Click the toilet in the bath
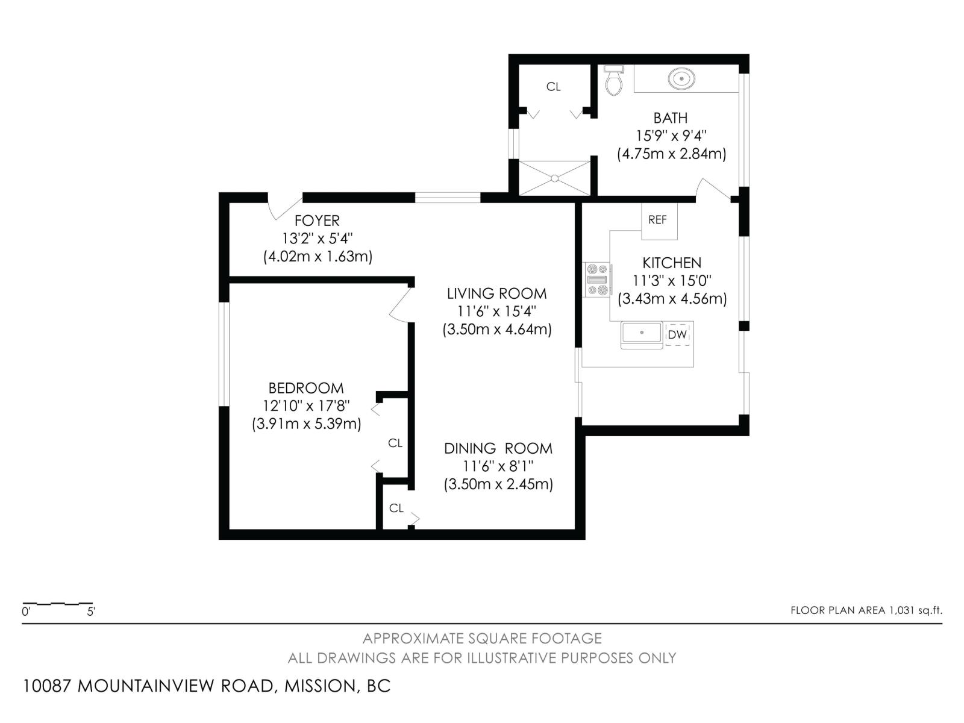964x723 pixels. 614,83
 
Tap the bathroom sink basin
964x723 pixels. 681,78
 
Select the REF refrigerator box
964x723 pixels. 658,221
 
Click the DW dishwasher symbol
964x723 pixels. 678,334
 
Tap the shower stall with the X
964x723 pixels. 555,178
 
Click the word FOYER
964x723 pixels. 317,221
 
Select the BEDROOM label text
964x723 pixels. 306,388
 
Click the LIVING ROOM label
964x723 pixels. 496,293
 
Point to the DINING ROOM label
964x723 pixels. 498,448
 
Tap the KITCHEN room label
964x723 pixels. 672,263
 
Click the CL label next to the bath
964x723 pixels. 553,87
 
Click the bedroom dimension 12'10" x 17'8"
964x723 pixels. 306,405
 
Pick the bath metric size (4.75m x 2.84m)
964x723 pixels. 671,154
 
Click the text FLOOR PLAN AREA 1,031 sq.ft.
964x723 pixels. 866,610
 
